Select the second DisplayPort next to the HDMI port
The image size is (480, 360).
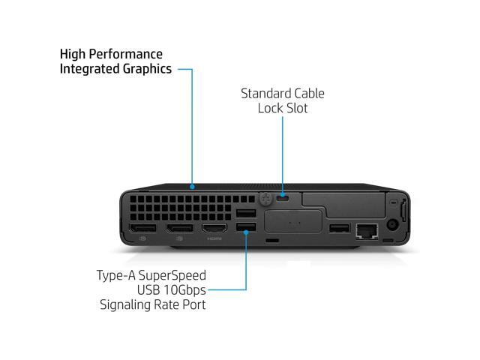179,228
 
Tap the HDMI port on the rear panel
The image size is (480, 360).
214,228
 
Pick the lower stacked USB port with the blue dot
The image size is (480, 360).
245,228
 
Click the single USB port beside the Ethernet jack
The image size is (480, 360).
339,228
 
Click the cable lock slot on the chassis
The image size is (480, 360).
283,199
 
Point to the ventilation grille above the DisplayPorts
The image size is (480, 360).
180,206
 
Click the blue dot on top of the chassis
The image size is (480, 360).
193,186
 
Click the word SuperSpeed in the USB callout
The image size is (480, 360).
175,275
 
